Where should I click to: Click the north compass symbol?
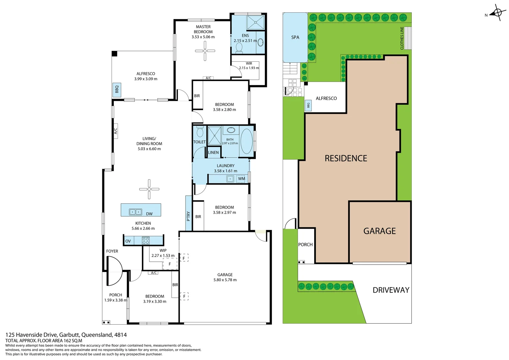tap(497, 13)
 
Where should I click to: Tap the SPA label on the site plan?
tap(295, 37)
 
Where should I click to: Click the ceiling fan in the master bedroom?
tap(205, 51)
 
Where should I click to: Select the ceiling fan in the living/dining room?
tap(149, 189)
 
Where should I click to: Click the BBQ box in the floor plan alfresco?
tap(117, 90)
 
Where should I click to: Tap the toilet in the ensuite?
tap(239, 48)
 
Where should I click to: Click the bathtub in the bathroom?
tap(246, 141)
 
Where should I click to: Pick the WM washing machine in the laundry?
tap(241, 179)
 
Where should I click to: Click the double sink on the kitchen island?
tap(136, 212)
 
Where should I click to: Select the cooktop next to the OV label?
tap(146, 240)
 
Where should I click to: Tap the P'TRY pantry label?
tap(189, 216)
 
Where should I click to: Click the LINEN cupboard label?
tap(214, 152)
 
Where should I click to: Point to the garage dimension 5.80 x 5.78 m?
tap(225, 280)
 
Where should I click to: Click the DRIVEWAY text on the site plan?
tap(391, 290)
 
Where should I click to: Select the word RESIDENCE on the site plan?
tap(346, 158)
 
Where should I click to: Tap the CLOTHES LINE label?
tap(402, 38)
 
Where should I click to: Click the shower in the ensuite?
tap(255, 22)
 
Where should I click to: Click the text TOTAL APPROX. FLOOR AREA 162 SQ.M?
tap(44, 341)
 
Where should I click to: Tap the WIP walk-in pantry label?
tap(163, 250)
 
